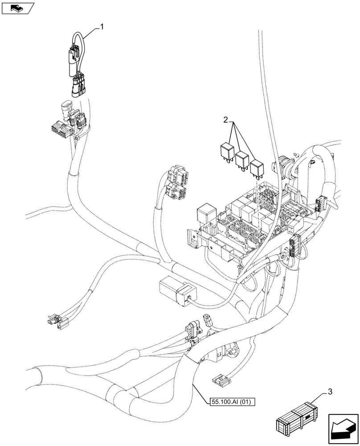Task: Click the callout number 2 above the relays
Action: coord(226,120)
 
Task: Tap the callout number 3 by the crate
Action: coord(329,392)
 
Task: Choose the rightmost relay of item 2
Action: coord(257,168)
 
